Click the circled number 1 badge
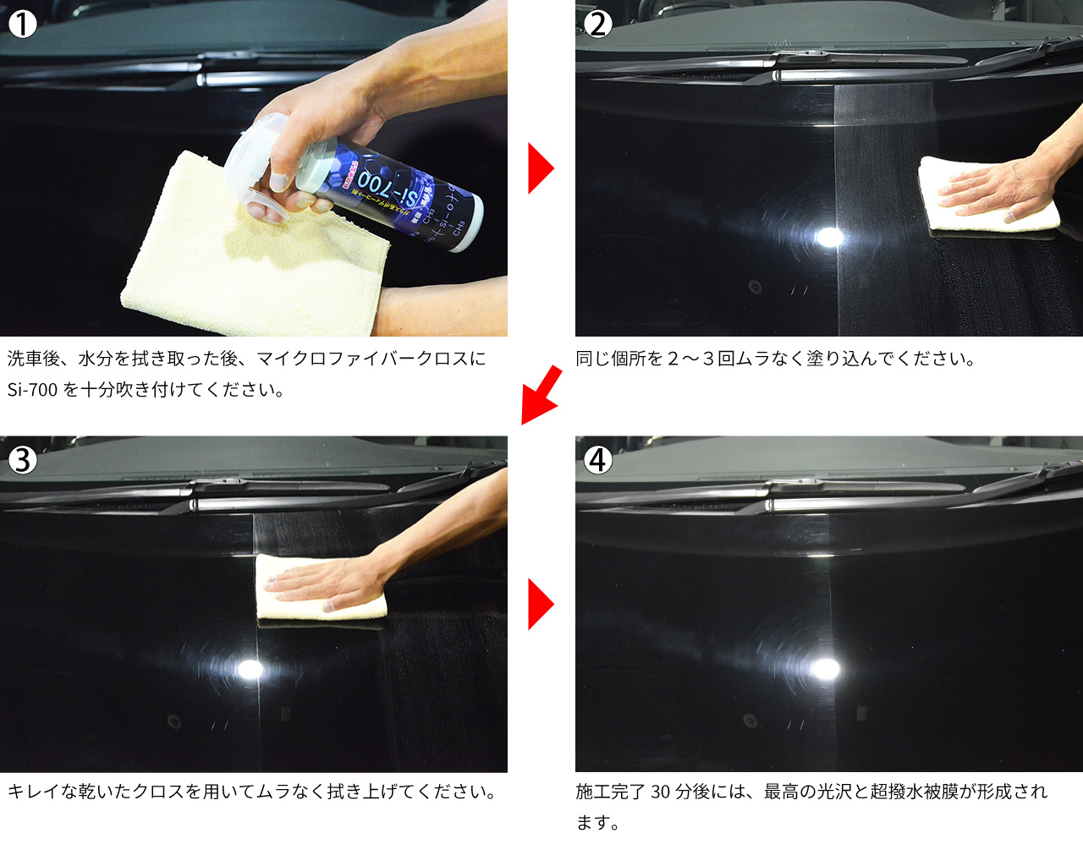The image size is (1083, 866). pos(23,24)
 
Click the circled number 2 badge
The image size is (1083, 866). pos(598,24)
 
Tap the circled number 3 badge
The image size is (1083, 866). pos(23,459)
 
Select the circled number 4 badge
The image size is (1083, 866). pos(598,459)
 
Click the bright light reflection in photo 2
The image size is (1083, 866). pos(829,236)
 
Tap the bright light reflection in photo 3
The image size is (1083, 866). pos(250,670)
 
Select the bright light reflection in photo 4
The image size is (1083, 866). pos(824,670)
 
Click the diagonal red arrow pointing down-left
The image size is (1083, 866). pos(541,394)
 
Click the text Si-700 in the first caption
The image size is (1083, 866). pos(32,390)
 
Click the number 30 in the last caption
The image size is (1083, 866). pos(660,792)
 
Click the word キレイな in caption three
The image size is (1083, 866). pos(42,792)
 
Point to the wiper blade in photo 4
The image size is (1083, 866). pos(863,503)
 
